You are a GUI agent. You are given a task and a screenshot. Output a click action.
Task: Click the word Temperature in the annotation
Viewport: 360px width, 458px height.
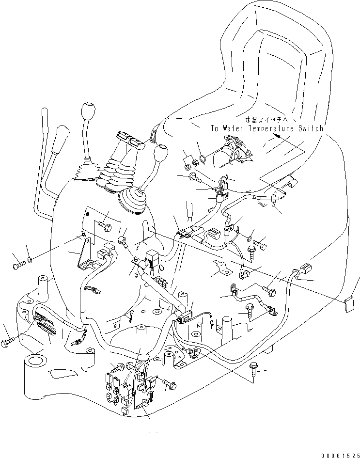coord(271,128)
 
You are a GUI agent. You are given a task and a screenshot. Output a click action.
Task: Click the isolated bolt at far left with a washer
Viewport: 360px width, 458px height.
coord(18,265)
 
